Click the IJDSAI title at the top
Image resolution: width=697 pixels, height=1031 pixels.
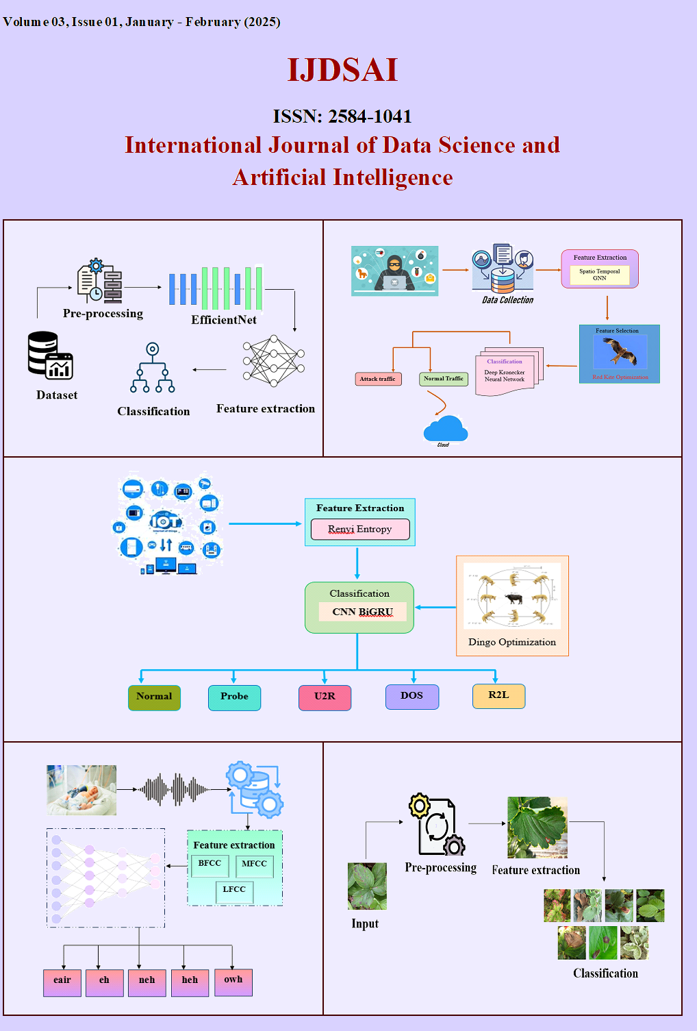(342, 70)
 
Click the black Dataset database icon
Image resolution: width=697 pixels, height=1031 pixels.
(50, 355)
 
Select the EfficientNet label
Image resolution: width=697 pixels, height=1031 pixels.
(224, 320)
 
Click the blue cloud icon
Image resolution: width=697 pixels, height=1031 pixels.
(445, 429)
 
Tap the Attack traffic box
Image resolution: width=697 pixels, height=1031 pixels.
(377, 379)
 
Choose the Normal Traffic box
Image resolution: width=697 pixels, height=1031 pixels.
(444, 379)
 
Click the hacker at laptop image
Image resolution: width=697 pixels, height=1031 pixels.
(394, 271)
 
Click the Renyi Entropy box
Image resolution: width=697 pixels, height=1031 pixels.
(360, 529)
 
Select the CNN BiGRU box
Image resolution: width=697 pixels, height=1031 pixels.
(362, 612)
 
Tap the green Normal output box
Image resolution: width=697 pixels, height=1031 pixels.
(154, 697)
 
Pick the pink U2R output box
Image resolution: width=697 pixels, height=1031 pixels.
(325, 697)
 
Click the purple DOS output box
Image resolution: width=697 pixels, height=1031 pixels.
(411, 697)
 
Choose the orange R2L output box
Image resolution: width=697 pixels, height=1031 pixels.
(498, 696)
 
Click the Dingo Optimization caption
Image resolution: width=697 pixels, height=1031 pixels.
(512, 643)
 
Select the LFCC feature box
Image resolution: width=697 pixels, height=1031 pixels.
(234, 891)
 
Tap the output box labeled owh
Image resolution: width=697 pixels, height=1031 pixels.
(233, 981)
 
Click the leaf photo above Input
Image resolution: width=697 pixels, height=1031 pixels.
(367, 886)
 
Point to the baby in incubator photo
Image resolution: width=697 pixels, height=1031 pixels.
(81, 790)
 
